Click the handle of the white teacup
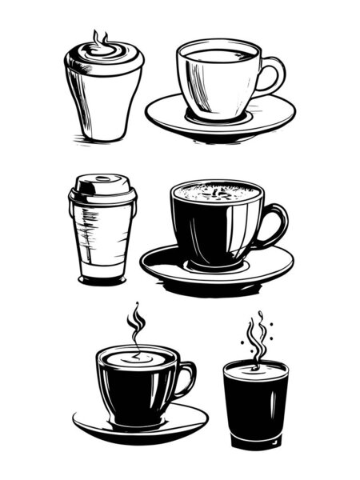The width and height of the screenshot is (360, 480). pos(277,76)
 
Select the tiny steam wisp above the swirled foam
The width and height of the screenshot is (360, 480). pos(100,37)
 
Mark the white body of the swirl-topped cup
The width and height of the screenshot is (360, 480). pos(104,104)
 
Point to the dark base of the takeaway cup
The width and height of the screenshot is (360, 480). pos(102,279)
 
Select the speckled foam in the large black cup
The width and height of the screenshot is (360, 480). pos(217,192)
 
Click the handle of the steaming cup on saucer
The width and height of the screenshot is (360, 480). pos(187,379)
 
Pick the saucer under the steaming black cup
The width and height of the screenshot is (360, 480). pos(96,424)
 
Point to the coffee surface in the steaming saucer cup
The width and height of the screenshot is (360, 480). pos(137,359)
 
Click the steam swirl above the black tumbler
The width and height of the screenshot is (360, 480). pos(255,340)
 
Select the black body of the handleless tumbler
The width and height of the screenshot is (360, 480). pos(255,408)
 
